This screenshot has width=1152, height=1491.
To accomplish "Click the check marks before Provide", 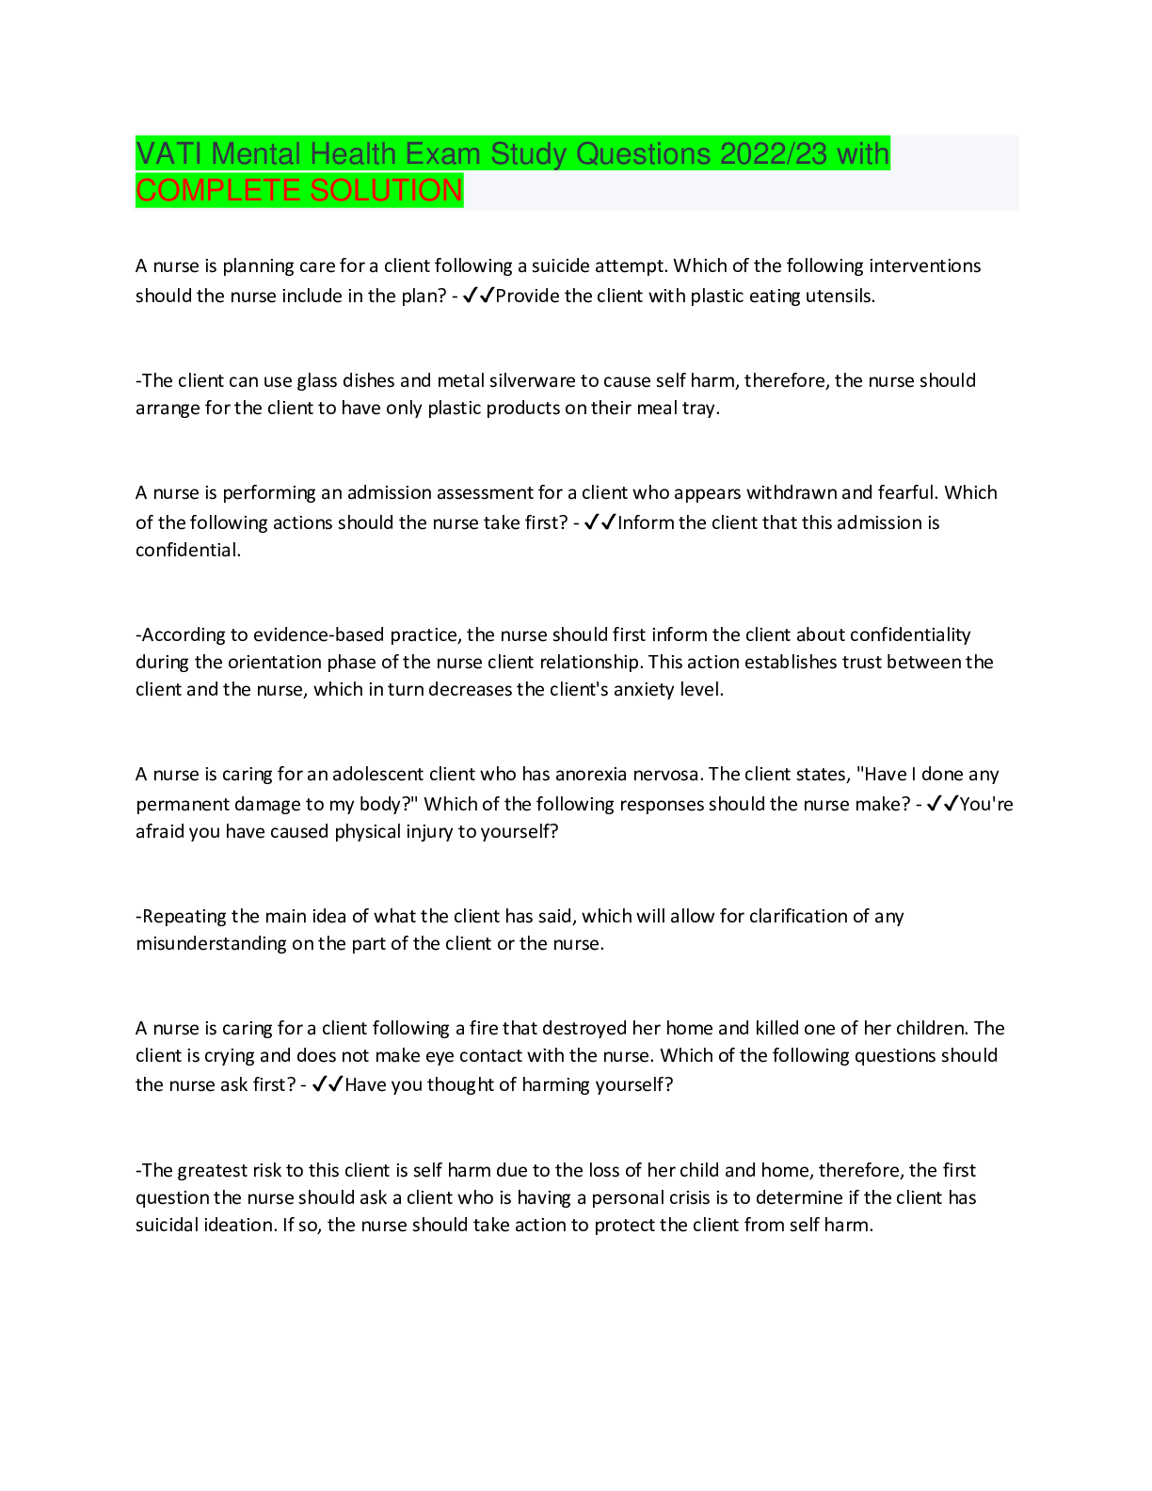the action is pyautogui.click(x=479, y=296).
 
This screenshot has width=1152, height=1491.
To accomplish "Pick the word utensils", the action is pyautogui.click(x=840, y=297).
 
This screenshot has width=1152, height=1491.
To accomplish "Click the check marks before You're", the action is pyautogui.click(x=942, y=804).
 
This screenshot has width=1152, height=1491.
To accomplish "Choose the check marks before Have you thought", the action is pyautogui.click(x=328, y=1084).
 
